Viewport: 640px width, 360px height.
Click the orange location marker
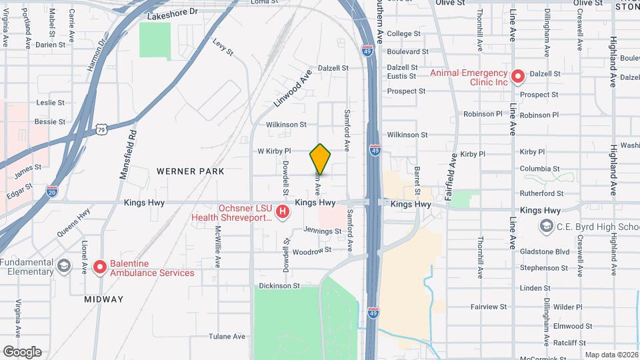pyautogui.click(x=320, y=159)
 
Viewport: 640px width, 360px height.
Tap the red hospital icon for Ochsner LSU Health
pyautogui.click(x=283, y=212)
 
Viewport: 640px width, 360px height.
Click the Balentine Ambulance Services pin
pyautogui.click(x=100, y=267)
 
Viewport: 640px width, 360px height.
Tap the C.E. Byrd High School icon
pyautogui.click(x=547, y=227)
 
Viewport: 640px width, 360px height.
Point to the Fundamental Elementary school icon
pyautogui.click(x=63, y=266)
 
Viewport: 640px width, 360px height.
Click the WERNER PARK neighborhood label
pyautogui.click(x=190, y=171)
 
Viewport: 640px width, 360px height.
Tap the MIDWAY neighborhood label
pyautogui.click(x=104, y=299)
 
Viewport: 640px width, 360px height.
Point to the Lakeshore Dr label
pyautogui.click(x=173, y=13)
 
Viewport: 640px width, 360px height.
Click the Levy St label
pyautogui.click(x=223, y=47)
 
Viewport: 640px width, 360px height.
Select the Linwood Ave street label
pyautogui.click(x=293, y=89)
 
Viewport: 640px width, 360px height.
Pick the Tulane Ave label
pyautogui.click(x=224, y=336)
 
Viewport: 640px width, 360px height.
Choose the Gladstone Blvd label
pyautogui.click(x=545, y=252)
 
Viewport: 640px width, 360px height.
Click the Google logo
pyautogui.click(x=22, y=352)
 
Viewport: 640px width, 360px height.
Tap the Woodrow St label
pyautogui.click(x=312, y=251)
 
